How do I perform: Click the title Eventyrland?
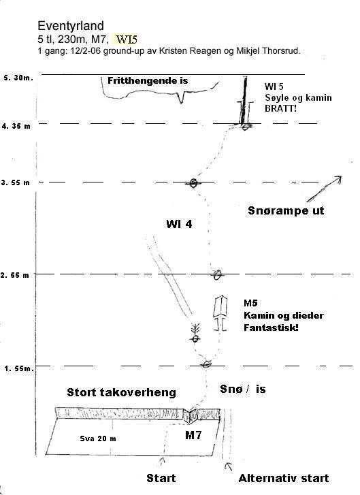(x=71, y=26)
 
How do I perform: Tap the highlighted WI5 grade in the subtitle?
(x=127, y=39)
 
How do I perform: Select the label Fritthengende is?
(x=148, y=80)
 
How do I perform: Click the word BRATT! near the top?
(x=281, y=108)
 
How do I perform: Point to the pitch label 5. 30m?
(x=18, y=78)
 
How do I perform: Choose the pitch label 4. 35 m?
(x=16, y=126)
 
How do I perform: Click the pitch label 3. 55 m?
(x=15, y=182)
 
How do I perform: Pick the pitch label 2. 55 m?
(x=15, y=275)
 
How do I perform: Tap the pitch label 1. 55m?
(x=19, y=368)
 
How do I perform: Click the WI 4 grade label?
(x=179, y=224)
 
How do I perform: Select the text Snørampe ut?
(x=286, y=210)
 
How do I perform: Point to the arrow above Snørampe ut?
(x=324, y=189)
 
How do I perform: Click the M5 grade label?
(x=250, y=303)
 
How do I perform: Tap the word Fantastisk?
(x=271, y=328)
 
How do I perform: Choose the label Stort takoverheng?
(x=121, y=392)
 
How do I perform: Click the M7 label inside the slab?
(x=193, y=435)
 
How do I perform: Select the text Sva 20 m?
(x=98, y=438)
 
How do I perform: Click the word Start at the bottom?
(x=161, y=478)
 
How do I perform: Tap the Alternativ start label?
(x=284, y=478)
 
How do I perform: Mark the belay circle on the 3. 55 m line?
(x=193, y=182)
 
